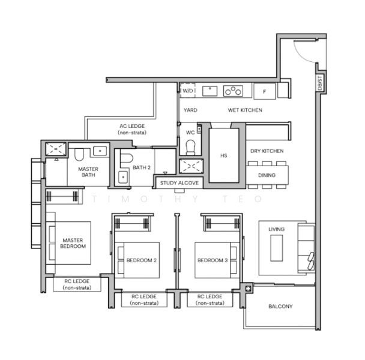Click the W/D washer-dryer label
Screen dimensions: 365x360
(188, 91)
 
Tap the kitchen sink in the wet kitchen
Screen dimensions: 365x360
(210, 91)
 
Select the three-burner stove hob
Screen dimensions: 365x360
(233, 91)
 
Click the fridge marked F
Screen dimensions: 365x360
(264, 91)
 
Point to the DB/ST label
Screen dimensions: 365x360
(320, 83)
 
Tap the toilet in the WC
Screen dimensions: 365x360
(191, 148)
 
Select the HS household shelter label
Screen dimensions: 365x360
(224, 155)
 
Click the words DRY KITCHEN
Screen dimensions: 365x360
(267, 151)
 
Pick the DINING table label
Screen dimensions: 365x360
(267, 175)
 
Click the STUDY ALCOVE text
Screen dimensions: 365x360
(179, 183)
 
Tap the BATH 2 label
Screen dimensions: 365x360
(142, 167)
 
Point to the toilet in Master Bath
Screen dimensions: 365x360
(79, 155)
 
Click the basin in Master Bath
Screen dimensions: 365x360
(100, 151)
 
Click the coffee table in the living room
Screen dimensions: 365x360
(277, 248)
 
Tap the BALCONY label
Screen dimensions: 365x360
(280, 306)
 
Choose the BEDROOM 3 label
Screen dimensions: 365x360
(213, 260)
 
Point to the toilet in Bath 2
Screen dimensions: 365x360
(127, 158)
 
